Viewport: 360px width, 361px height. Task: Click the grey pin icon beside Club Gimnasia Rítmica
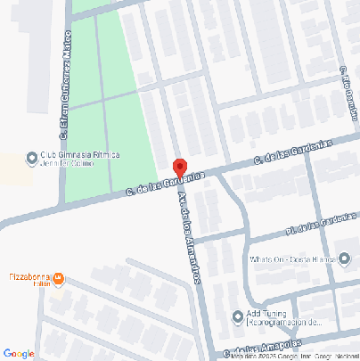33,159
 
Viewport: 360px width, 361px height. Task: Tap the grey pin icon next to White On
241,260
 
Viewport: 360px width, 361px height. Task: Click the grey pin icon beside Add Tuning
238,316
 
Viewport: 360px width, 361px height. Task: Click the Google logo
19,353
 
